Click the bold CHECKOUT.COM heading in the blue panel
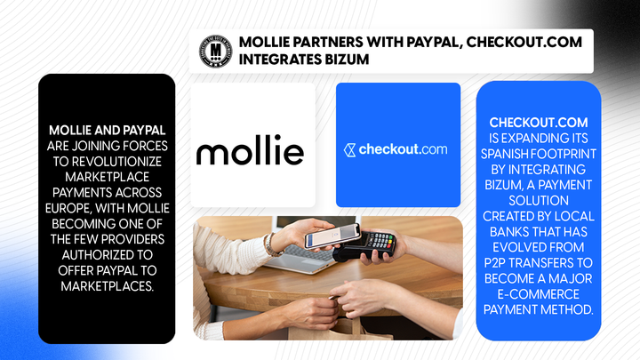point(532,122)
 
